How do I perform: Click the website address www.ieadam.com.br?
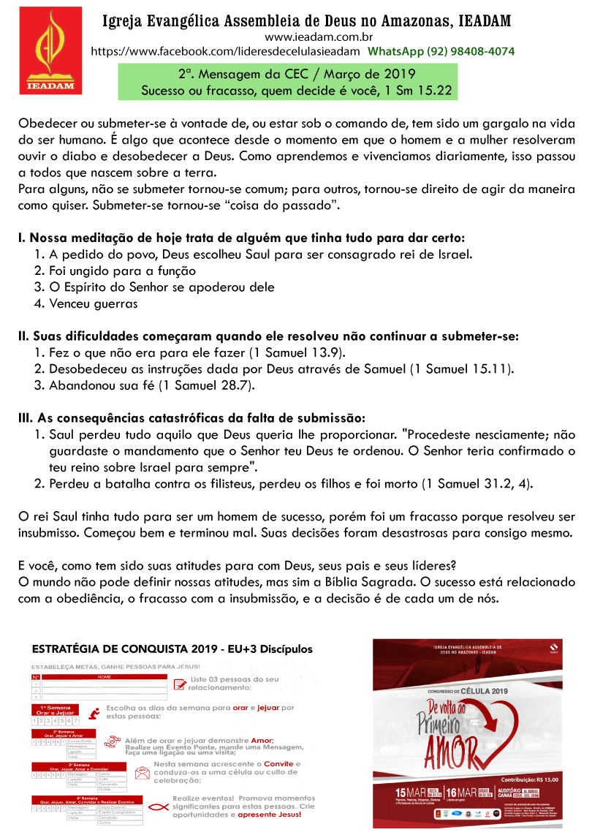point(309,37)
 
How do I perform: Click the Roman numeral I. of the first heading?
point(23,238)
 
